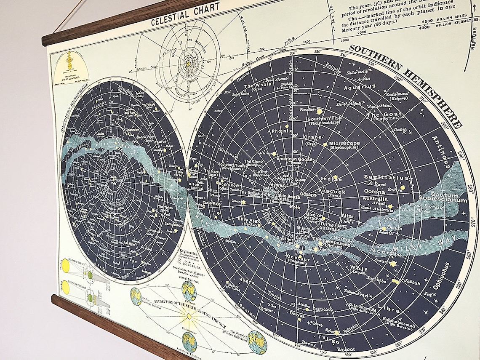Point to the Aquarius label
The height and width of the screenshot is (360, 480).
[360, 88]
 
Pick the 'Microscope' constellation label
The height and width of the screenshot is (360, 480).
[344, 144]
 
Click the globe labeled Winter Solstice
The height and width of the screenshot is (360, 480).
[257, 341]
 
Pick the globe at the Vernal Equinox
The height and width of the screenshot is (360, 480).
[189, 291]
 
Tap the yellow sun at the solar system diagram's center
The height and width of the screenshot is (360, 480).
[188, 64]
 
